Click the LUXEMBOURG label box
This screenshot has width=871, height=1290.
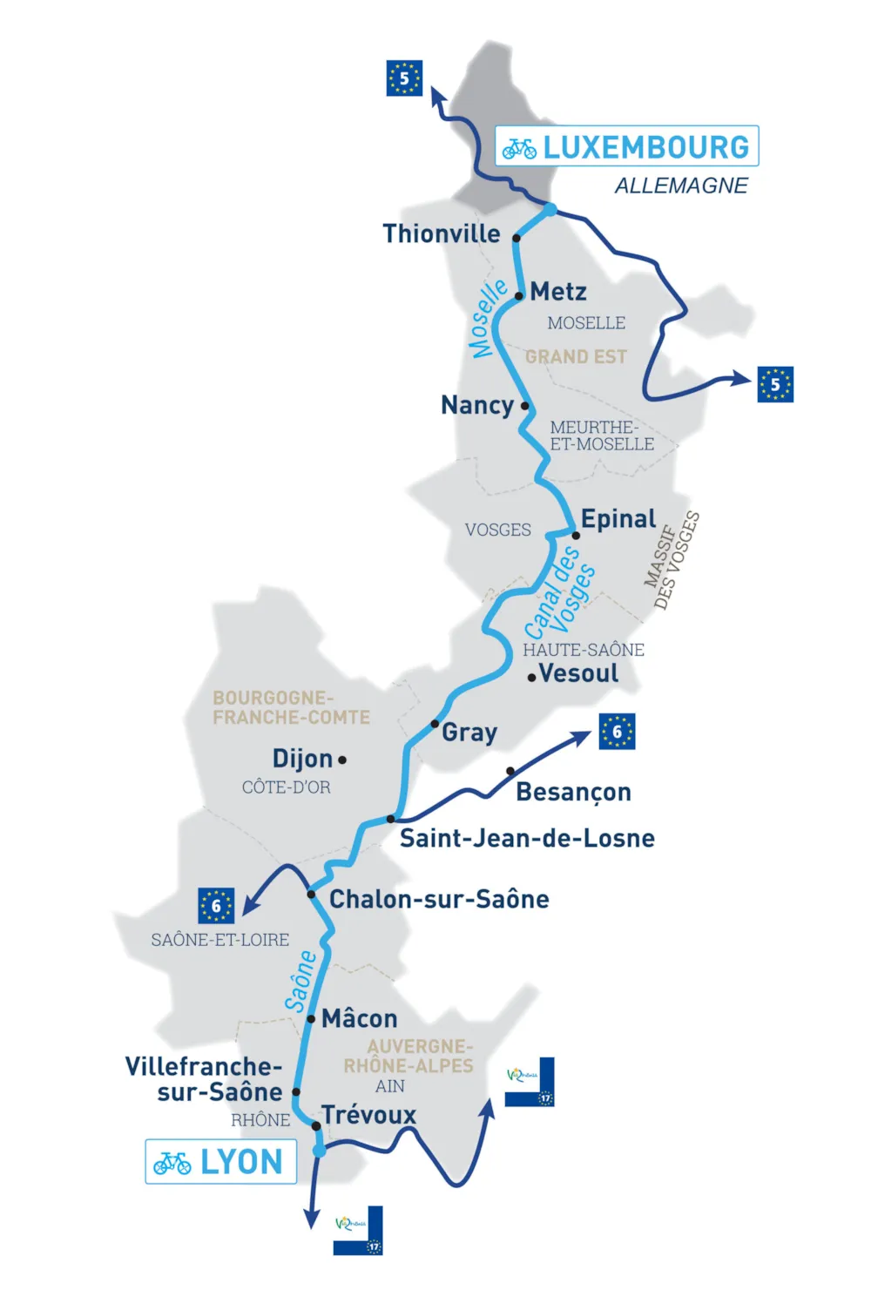(627, 146)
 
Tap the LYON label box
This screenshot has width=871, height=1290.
(221, 1162)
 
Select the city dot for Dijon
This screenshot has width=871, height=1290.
(342, 760)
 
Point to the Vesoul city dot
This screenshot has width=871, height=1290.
(531, 678)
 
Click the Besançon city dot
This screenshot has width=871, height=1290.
(510, 771)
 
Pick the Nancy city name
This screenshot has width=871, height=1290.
(477, 405)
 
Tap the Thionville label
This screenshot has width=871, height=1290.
(442, 233)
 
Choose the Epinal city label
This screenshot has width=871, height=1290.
(618, 519)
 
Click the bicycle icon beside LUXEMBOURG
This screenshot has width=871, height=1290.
(519, 148)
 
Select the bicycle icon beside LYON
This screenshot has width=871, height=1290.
(172, 1163)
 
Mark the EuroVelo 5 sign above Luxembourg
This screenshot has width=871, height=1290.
(404, 78)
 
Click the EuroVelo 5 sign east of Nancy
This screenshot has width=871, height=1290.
(775, 384)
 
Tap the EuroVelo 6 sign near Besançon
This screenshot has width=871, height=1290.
(617, 732)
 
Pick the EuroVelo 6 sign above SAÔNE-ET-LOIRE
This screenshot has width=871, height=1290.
(216, 906)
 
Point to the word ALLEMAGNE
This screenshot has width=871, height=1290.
(681, 186)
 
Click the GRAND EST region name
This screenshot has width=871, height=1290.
(576, 357)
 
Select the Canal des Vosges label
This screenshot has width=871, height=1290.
(560, 592)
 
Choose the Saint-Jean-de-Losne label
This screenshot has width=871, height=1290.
(527, 838)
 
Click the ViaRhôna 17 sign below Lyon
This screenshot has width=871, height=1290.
(358, 1230)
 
